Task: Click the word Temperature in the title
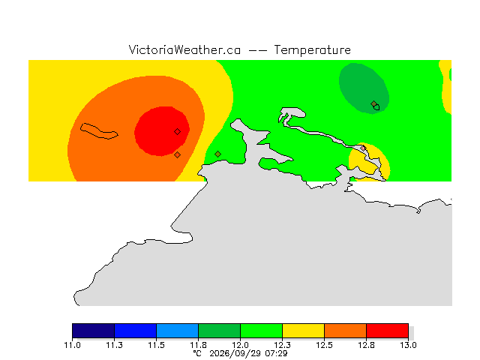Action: coord(312,50)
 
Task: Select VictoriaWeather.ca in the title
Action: coord(184,50)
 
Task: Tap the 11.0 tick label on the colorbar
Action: coord(72,345)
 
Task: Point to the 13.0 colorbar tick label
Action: coord(408,345)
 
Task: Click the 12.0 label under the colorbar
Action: coord(240,345)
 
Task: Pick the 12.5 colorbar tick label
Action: coord(324,345)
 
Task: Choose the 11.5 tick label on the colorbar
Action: coord(157,345)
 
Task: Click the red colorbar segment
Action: coord(387,331)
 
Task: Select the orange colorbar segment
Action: coord(345,331)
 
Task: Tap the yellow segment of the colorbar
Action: coord(303,331)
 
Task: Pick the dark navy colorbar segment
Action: coord(93,331)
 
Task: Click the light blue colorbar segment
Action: coord(177,331)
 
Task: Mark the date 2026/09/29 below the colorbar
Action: coord(235,354)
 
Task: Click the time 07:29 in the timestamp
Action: coord(276,353)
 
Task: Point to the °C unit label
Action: coord(197,353)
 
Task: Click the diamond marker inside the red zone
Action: coord(177,132)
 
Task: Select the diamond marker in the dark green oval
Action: coord(373,103)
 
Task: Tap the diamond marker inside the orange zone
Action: coord(177,155)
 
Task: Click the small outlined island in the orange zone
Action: coord(99,131)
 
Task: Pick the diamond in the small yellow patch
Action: coord(363,148)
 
